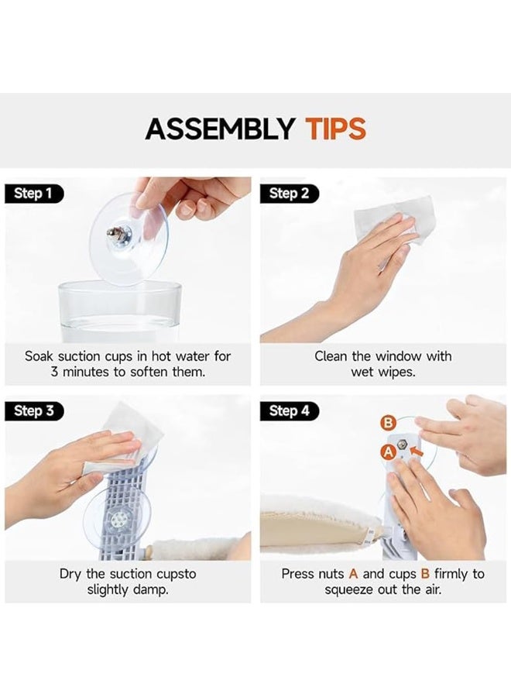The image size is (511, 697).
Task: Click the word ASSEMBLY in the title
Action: tap(220, 129)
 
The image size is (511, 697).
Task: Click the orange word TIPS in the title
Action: tap(335, 129)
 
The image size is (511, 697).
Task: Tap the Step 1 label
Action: tap(34, 194)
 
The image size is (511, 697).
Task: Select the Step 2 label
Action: tap(290, 194)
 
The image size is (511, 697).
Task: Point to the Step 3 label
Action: tap(34, 410)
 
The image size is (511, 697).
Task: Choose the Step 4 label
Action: tap(290, 410)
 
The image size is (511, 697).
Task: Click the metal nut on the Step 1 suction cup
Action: tap(115, 233)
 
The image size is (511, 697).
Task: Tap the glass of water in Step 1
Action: tap(119, 311)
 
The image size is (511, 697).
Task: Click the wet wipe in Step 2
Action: tap(393, 218)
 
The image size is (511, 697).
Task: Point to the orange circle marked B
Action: tap(388, 423)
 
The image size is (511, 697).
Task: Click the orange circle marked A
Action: tap(389, 452)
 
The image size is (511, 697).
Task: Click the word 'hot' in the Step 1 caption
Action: tap(162, 356)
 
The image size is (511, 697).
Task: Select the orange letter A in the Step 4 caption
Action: tap(353, 574)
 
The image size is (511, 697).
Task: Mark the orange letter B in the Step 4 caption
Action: tap(425, 574)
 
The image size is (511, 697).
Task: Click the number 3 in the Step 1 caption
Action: tap(54, 372)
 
